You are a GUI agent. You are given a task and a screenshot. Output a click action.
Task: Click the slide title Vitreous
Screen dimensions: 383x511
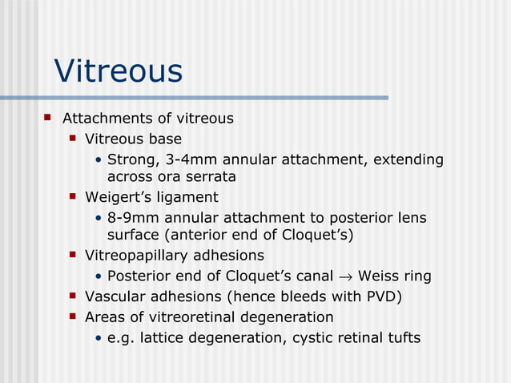[x=118, y=71]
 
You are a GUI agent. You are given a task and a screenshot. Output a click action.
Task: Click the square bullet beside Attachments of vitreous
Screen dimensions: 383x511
[x=46, y=118]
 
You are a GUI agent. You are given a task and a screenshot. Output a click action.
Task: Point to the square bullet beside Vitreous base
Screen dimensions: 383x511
[x=72, y=139]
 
